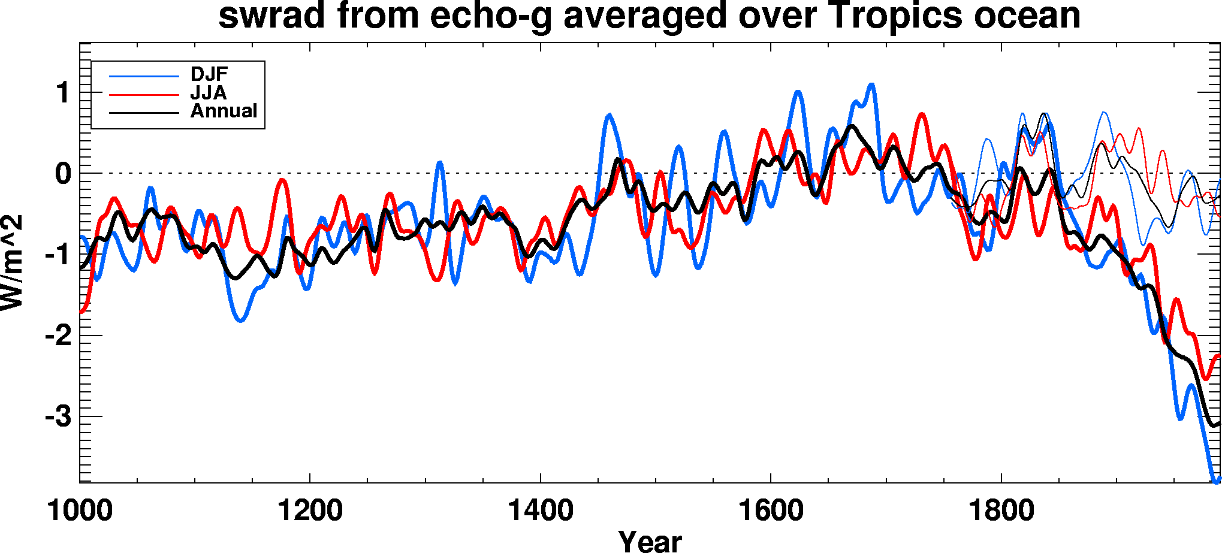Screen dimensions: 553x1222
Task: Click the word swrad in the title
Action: tap(271, 16)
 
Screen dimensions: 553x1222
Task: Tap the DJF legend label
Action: tap(209, 74)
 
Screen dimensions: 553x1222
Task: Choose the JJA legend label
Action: tap(208, 93)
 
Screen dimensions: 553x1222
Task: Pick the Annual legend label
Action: tap(224, 111)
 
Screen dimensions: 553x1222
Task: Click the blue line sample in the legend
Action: tap(144, 76)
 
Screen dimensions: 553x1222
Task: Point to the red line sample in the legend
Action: tap(144, 95)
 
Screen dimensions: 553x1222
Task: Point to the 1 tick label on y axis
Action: tap(62, 93)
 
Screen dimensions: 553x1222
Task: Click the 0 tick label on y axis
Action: tap(62, 174)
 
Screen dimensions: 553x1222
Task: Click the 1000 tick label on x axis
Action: tap(80, 511)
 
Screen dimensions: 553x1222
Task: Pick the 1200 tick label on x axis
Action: tap(310, 511)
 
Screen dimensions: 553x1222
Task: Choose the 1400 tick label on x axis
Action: tap(540, 511)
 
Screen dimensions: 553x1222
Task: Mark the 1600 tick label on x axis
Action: tap(771, 511)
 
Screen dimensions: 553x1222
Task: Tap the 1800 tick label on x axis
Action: tap(1001, 511)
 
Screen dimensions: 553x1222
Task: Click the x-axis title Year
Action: tap(650, 541)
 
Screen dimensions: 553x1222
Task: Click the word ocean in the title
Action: tap(1027, 16)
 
